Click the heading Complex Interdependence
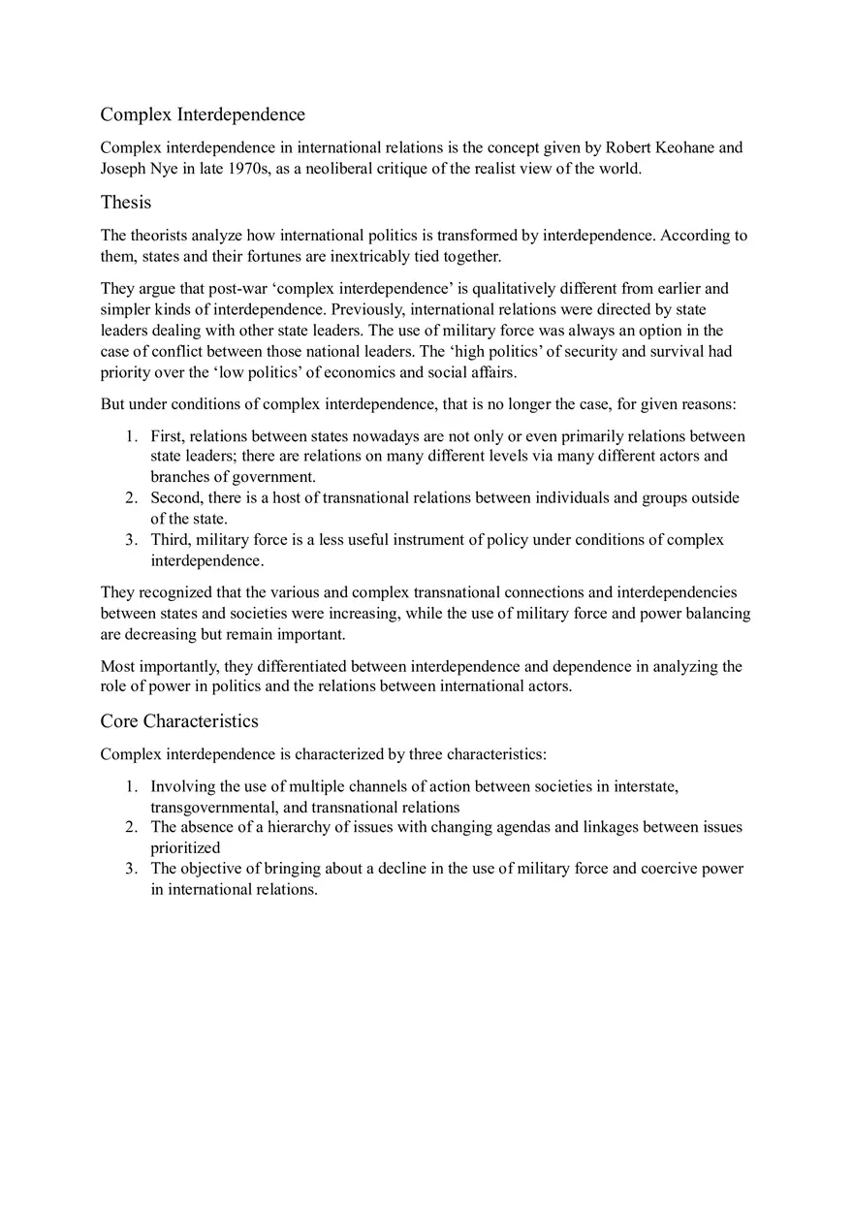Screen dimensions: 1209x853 [x=203, y=114]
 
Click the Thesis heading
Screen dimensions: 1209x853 [x=126, y=202]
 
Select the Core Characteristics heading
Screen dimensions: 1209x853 [x=179, y=720]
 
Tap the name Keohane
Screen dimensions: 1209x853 [x=682, y=147]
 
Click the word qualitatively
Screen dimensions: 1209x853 [x=523, y=288]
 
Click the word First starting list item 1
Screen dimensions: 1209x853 [x=168, y=435]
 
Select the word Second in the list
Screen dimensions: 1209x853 [x=175, y=497]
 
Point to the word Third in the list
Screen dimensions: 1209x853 [x=171, y=539]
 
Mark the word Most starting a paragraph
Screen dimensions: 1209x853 [x=118, y=666]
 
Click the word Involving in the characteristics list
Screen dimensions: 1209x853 [x=181, y=785]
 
